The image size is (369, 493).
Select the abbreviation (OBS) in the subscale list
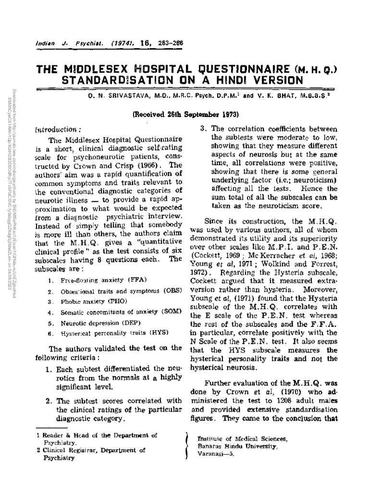171,291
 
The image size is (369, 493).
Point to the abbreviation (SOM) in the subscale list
171,312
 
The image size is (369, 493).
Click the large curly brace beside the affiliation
186,445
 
